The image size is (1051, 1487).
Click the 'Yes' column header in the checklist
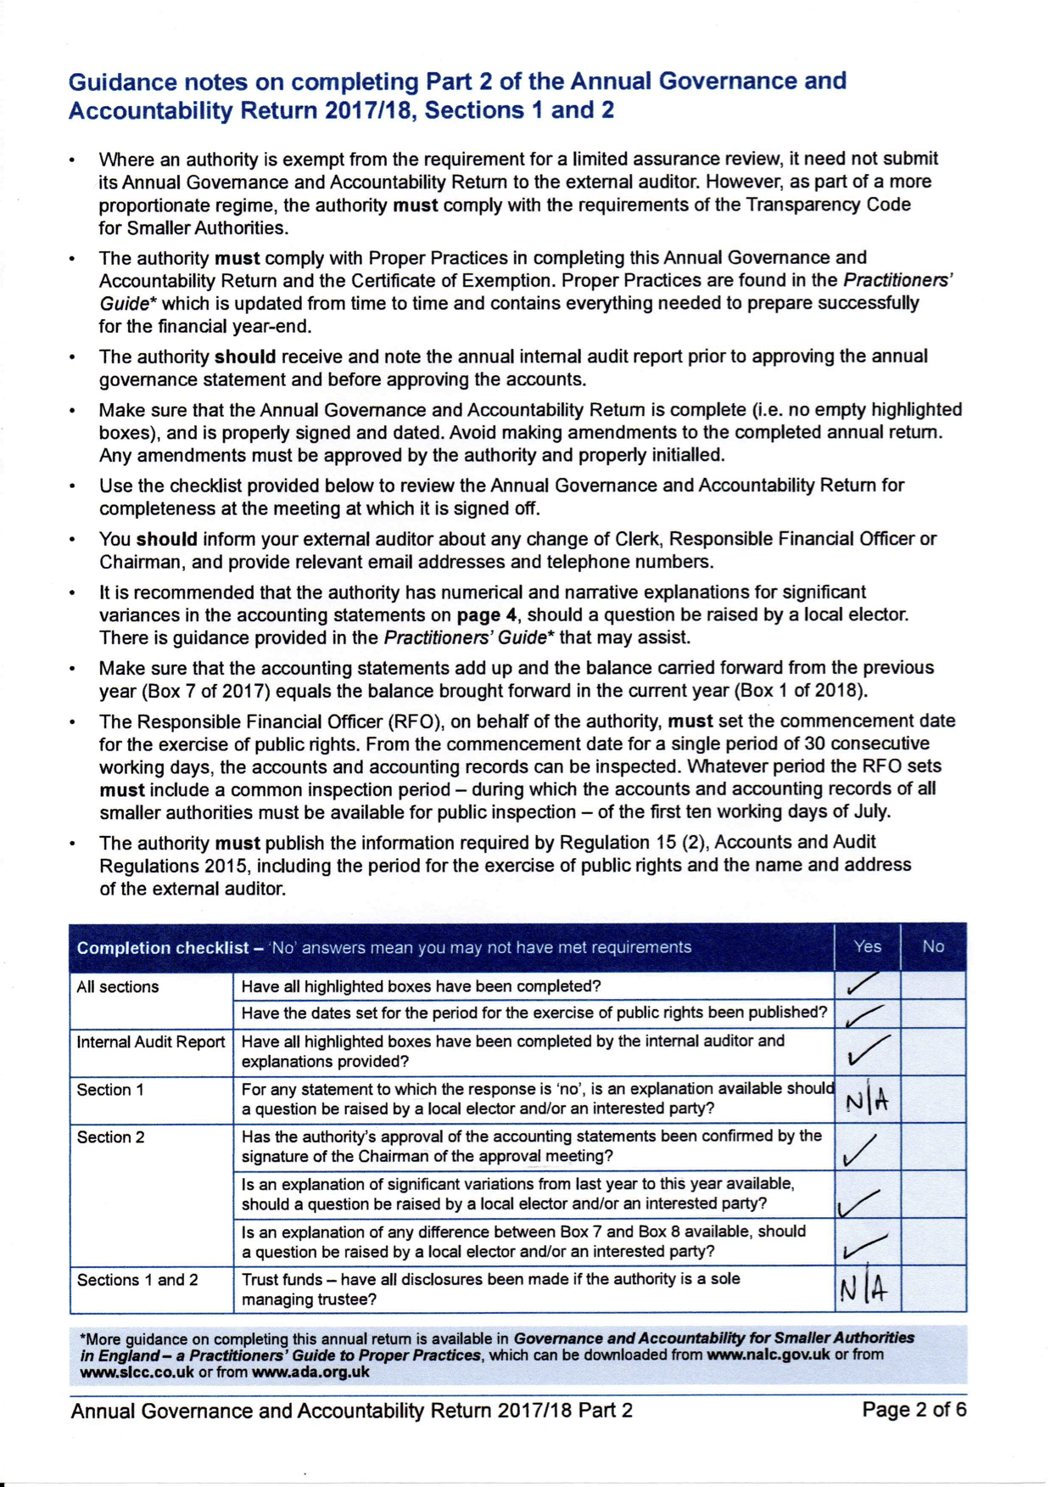867,946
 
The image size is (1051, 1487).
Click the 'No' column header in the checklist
933,946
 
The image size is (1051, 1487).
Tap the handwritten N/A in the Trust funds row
864,1289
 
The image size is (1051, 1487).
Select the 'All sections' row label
117,987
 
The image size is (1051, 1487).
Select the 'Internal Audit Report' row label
150,1042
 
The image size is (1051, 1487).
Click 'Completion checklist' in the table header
162,947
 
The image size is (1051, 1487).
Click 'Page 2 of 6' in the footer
914,1410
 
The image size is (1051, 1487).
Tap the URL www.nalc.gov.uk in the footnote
768,1355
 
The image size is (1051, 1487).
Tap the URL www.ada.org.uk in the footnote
310,1372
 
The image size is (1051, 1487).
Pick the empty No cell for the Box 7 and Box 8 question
933,1242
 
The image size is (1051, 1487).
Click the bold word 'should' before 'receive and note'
245,356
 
